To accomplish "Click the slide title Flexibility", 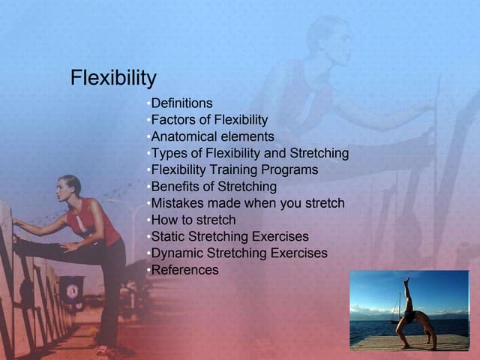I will (113, 78).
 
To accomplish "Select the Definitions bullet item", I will (181, 103).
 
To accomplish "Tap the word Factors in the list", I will (172, 120).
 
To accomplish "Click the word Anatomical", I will (182, 136).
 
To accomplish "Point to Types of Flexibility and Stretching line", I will (250, 153).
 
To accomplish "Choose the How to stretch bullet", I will (193, 220).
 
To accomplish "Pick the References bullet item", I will (184, 270).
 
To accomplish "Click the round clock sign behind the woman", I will (72, 288).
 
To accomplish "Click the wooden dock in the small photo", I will (409, 341).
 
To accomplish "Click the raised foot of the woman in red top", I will (16, 241).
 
